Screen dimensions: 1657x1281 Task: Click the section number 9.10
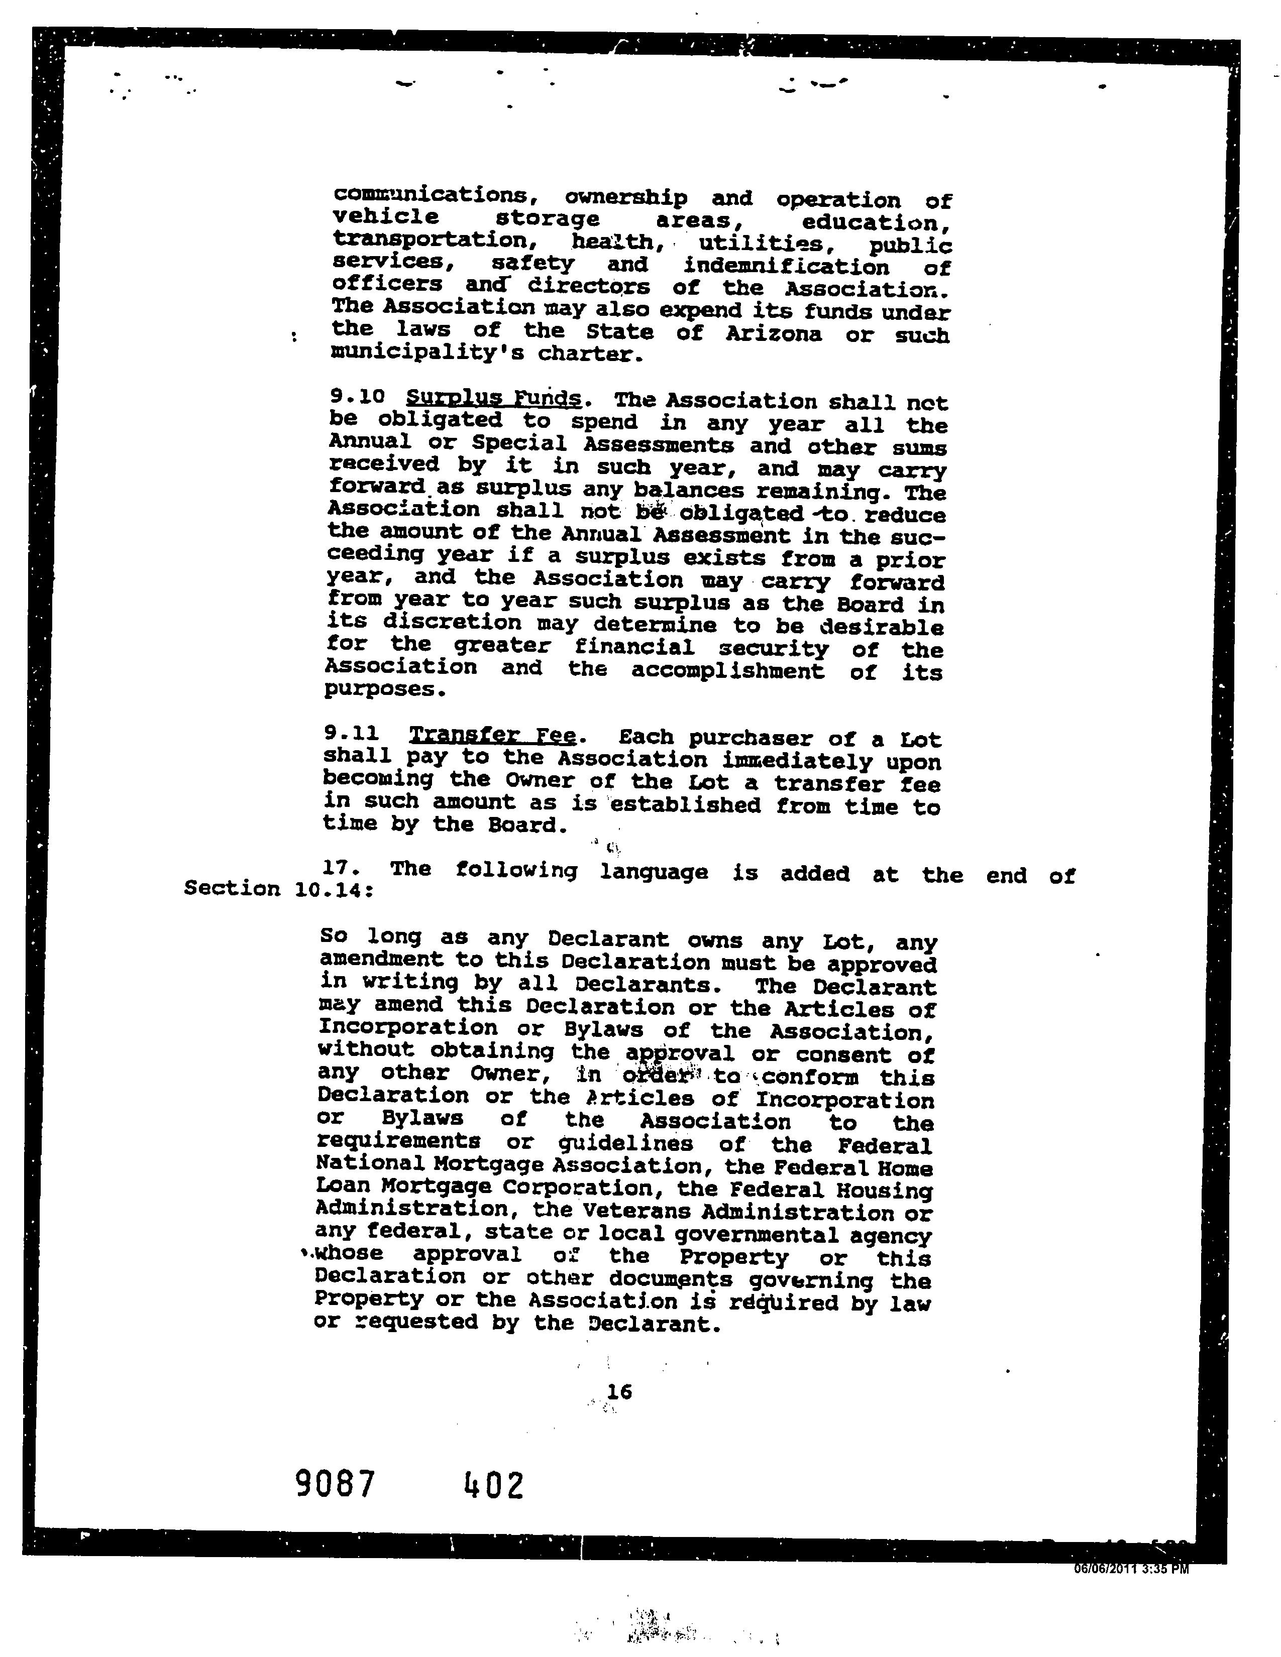[x=358, y=397]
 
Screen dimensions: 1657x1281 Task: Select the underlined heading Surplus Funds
[x=494, y=398]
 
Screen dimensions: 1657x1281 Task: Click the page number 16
[x=619, y=1391]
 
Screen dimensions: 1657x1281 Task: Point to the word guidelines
[x=625, y=1143]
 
